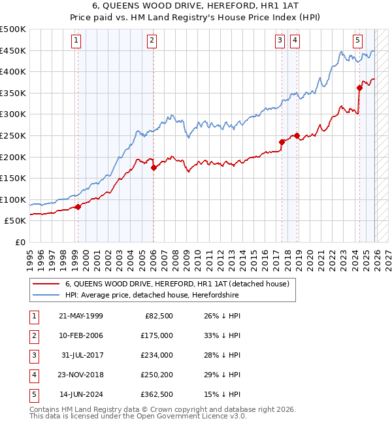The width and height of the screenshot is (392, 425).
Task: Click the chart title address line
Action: click(x=195, y=7)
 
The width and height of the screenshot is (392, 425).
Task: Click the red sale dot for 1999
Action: click(x=78, y=207)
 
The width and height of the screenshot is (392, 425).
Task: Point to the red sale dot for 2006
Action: click(x=154, y=167)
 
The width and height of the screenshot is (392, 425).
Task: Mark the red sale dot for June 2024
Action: click(x=359, y=88)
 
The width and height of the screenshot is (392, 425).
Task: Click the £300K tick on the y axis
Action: click(x=14, y=114)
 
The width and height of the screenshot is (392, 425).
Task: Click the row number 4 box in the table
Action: click(x=33, y=374)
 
